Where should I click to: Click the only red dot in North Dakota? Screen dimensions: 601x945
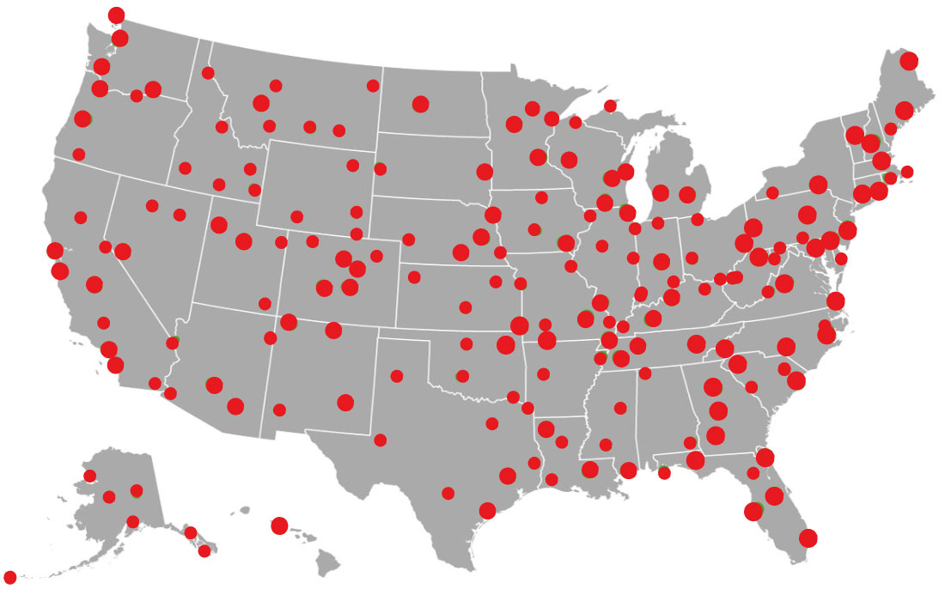coord(420,104)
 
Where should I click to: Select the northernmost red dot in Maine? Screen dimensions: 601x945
coord(909,61)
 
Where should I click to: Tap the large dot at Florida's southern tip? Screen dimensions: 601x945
coord(808,538)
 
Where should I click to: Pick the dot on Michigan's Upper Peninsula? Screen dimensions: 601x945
coord(610,106)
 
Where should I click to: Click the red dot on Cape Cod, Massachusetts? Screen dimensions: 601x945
coord(906,172)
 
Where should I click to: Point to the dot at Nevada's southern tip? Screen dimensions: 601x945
coord(172,343)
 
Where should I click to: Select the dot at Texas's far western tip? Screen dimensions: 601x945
coord(381,440)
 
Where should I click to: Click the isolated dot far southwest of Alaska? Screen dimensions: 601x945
coord(10,577)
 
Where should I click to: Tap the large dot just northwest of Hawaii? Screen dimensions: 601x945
coord(279,525)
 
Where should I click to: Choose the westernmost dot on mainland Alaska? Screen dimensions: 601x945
coord(89,476)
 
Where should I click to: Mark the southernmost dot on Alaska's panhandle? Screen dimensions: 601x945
coord(204,551)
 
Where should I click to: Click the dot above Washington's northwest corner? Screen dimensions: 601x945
coord(116,15)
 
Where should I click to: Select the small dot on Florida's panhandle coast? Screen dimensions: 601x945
coord(664,473)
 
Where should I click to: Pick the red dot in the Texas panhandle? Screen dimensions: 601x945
coord(397,376)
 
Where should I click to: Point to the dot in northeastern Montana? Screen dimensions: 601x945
coord(373,86)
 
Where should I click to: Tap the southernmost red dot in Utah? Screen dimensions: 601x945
coord(265,303)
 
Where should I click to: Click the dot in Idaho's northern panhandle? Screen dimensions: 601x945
coord(208,73)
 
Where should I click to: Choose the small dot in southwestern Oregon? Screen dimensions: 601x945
coord(79,155)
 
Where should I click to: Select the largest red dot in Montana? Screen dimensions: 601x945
coord(261,103)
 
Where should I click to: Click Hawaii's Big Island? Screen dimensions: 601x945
coord(327,563)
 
